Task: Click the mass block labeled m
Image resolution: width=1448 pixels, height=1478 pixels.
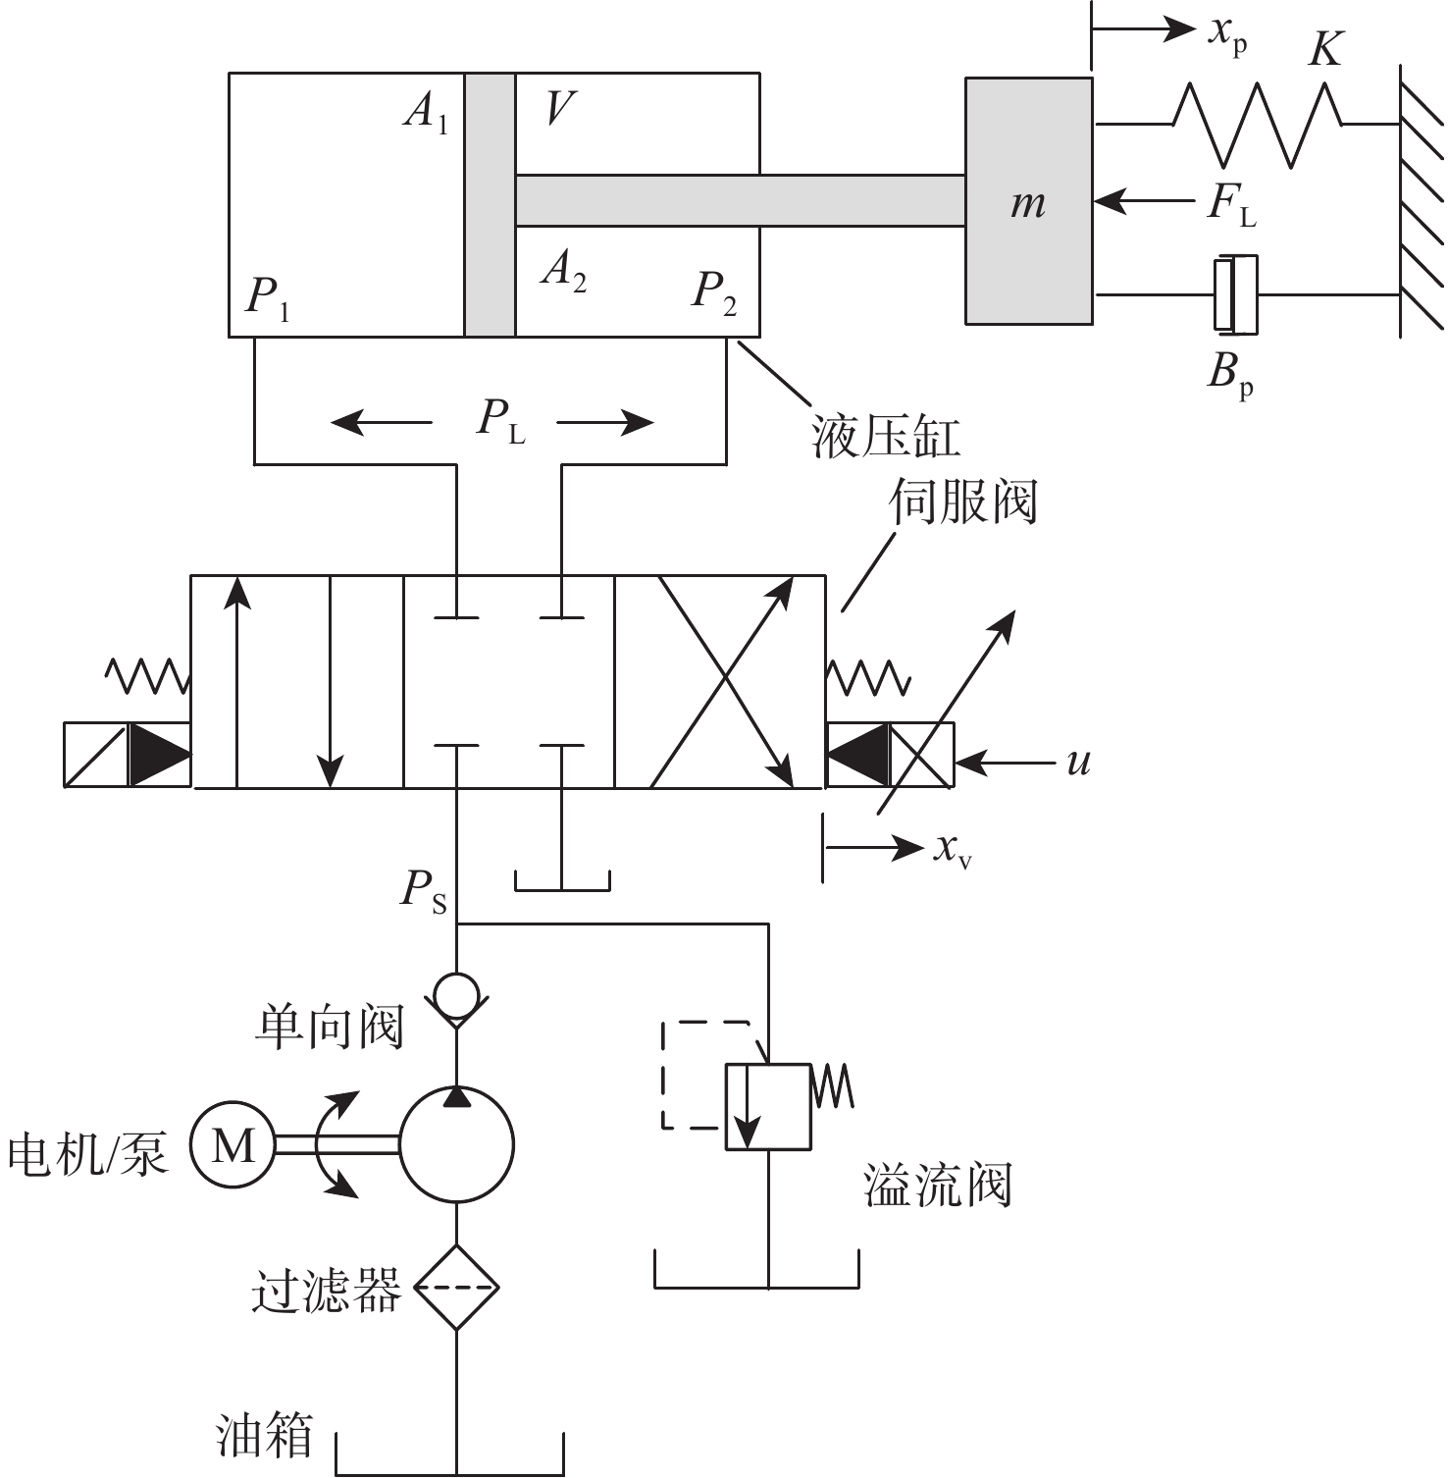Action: (1028, 201)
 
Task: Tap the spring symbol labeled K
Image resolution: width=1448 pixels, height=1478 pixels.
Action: (1258, 124)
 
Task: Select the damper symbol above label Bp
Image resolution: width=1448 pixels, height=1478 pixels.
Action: (1235, 292)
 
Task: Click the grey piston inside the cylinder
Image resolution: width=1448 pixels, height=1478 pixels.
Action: (490, 204)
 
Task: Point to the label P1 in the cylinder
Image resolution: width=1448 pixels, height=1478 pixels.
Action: (268, 295)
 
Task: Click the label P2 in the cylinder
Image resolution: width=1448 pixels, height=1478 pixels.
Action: (714, 291)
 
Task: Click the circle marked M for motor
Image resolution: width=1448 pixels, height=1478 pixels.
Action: (233, 1144)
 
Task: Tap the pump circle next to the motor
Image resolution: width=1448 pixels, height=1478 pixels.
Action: (456, 1144)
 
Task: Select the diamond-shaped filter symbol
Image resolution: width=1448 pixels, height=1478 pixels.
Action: (456, 1287)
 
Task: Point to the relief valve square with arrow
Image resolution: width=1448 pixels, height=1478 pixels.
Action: (767, 1106)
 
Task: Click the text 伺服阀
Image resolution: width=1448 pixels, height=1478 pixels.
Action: (962, 502)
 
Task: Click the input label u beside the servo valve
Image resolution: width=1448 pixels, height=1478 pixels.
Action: (1078, 762)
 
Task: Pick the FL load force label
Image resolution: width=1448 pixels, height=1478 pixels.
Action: (1230, 204)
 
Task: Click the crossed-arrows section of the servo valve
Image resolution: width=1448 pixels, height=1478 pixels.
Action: (722, 681)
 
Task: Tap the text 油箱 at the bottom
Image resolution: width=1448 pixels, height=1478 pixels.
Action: (264, 1435)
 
